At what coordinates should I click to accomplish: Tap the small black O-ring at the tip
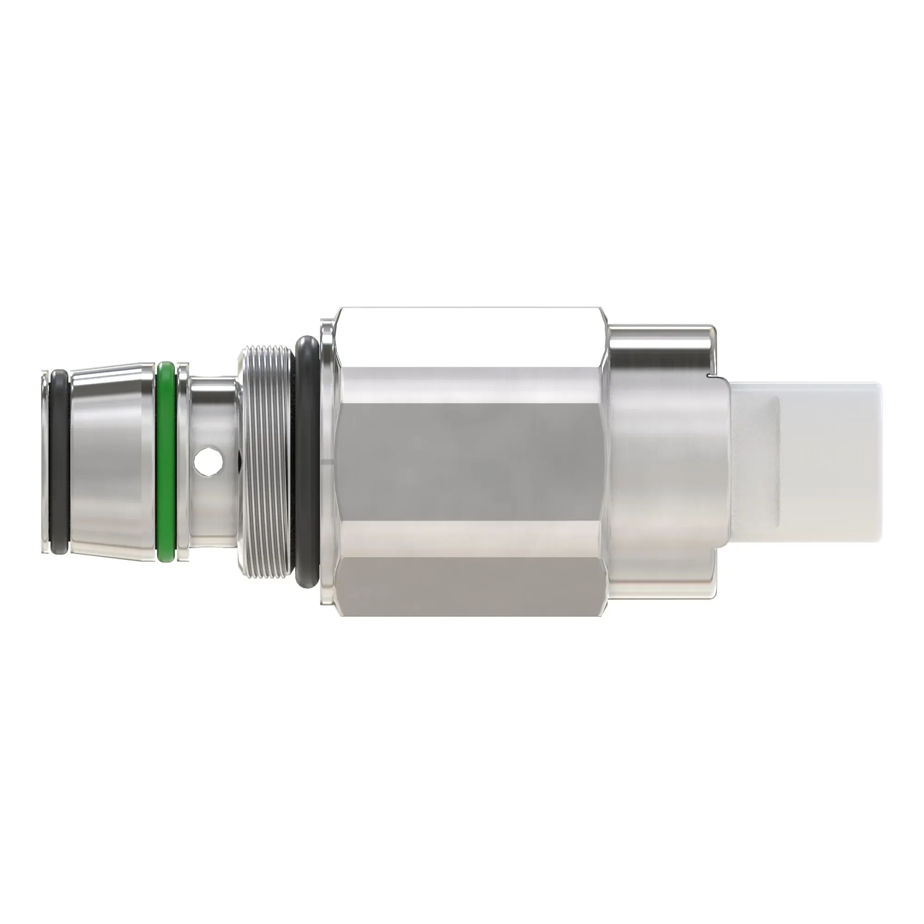[60, 462]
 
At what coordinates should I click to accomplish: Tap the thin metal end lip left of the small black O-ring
[44, 462]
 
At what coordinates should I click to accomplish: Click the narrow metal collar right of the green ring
[182, 462]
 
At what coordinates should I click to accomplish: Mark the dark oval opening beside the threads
[237, 461]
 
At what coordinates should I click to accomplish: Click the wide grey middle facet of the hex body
[471, 462]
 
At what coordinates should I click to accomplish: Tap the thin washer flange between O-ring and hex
[327, 462]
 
